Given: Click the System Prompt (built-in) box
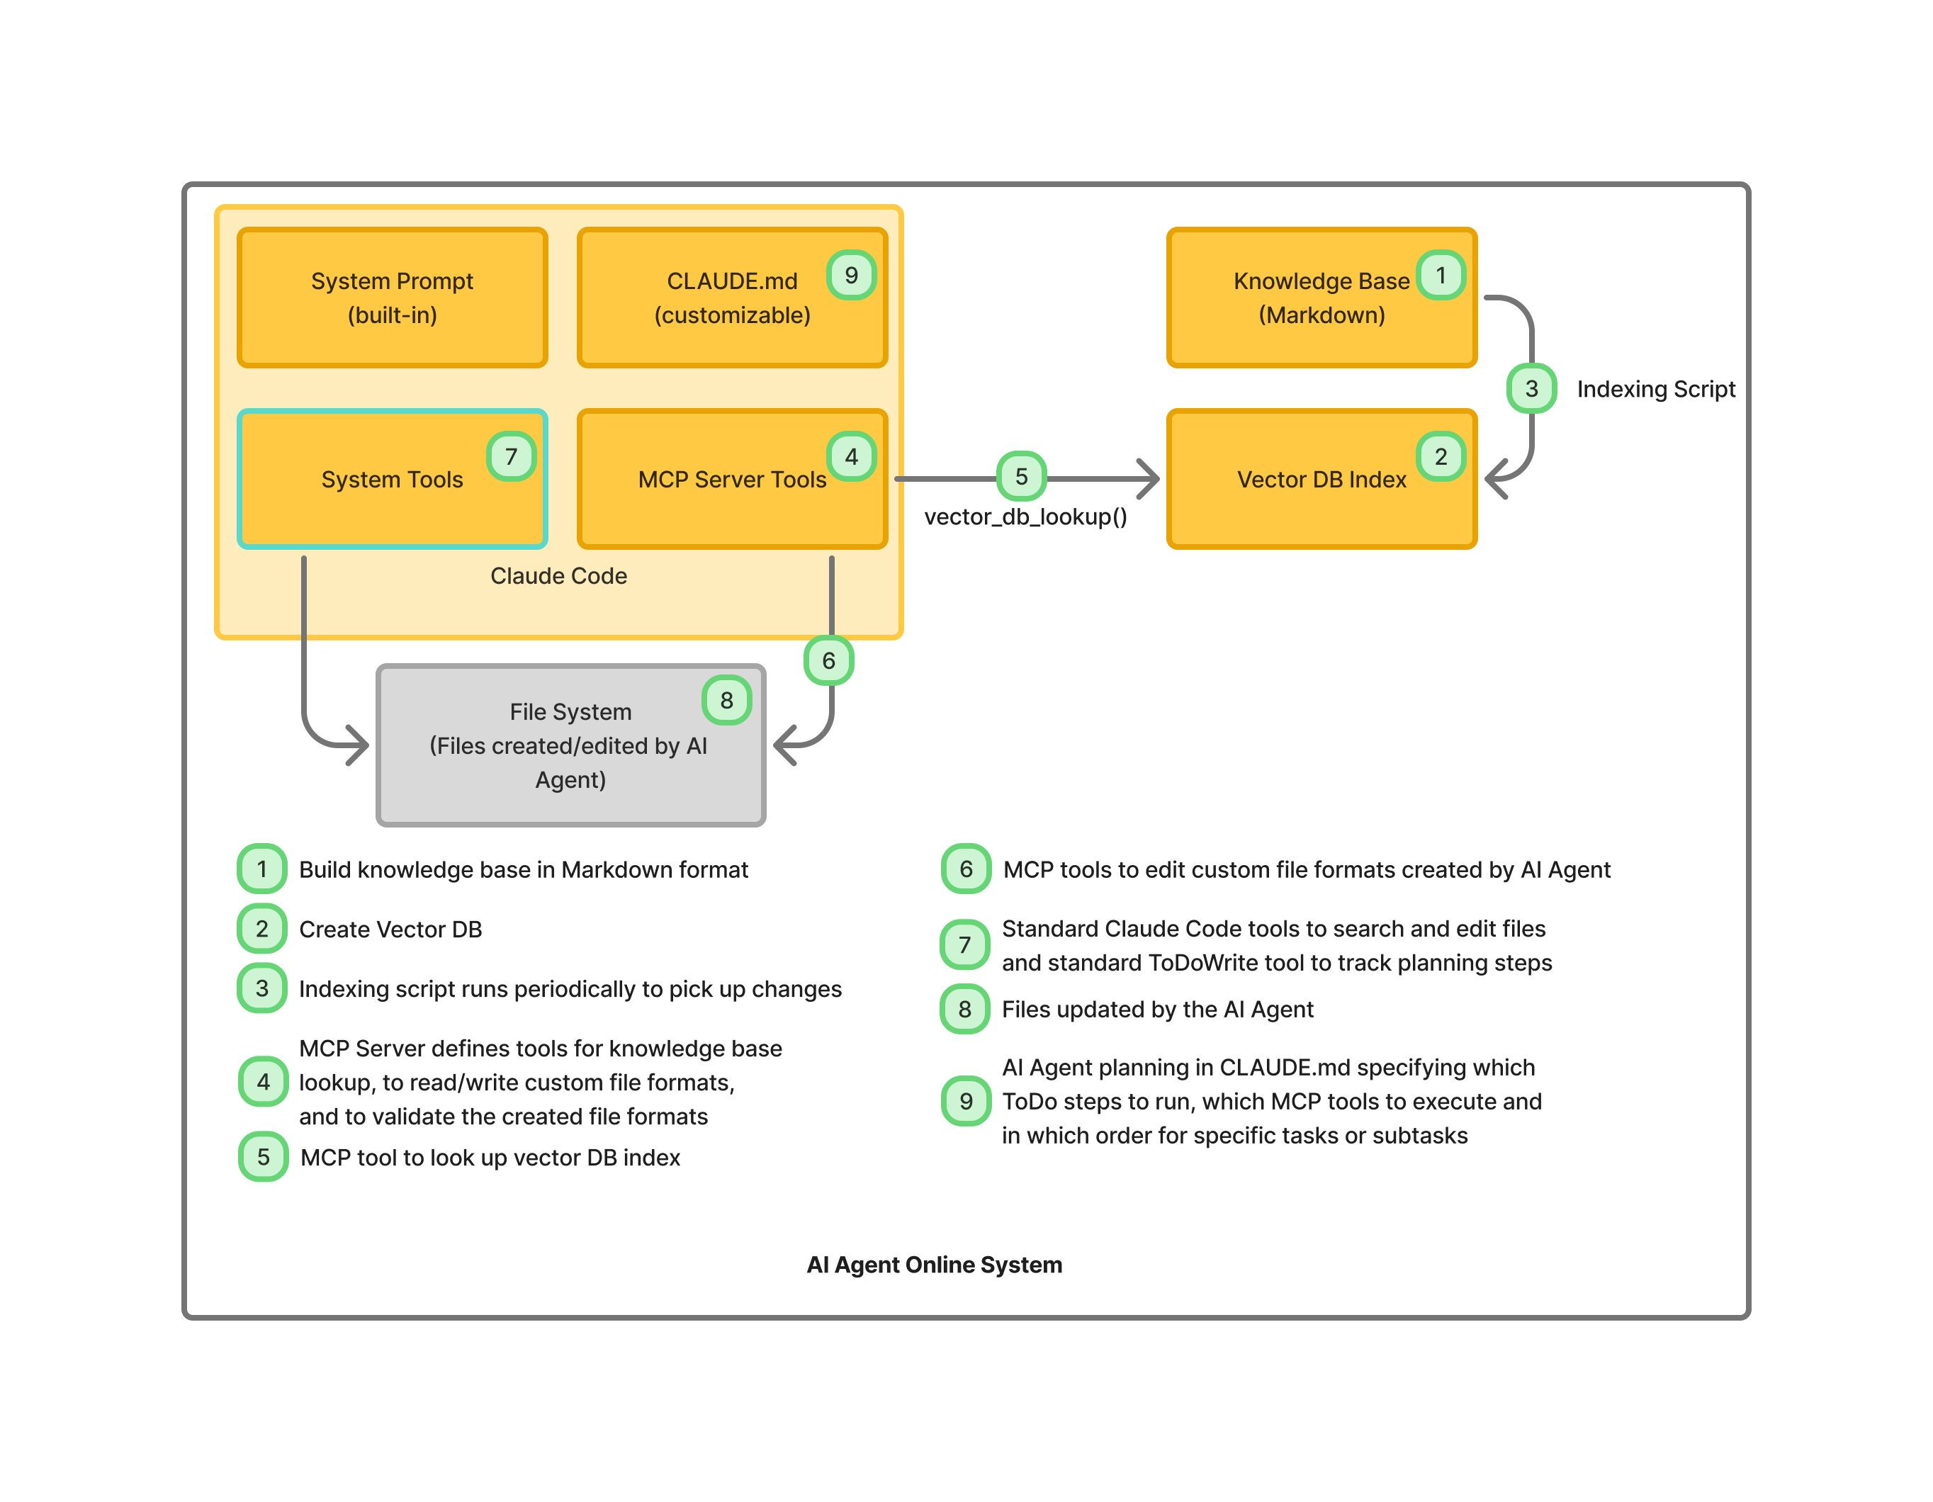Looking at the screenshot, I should point(392,298).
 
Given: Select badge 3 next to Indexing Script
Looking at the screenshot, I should point(1531,388).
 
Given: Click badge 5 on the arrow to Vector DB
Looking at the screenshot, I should point(1020,477).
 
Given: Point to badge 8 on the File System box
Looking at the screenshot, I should point(726,700).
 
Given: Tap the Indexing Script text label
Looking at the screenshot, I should point(1655,390).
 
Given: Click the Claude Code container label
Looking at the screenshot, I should point(558,576).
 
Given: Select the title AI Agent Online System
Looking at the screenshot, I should point(934,1264).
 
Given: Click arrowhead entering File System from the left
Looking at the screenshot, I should point(359,745).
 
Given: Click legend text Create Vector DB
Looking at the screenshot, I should point(390,930).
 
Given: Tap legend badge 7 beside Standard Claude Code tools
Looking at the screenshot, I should point(965,944).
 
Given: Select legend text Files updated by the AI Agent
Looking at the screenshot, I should point(1157,1009).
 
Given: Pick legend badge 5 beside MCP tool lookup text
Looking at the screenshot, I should point(263,1157).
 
